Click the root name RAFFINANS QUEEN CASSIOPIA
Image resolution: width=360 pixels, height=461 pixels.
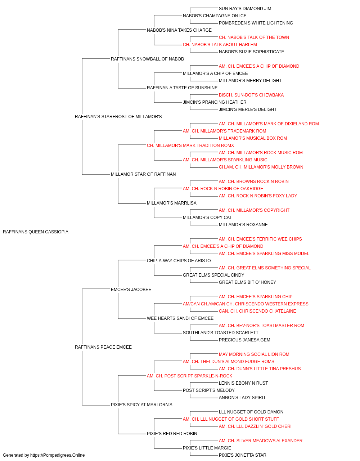(x=36, y=232)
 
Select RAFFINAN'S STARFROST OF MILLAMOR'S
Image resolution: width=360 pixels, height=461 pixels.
(x=118, y=117)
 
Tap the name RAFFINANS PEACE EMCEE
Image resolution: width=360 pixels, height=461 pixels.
(x=103, y=347)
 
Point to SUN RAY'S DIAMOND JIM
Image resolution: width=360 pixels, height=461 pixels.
(x=245, y=9)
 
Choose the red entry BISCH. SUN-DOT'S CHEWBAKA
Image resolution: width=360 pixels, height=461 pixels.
(x=251, y=95)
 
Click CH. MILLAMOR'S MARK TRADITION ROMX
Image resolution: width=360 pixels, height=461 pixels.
(x=190, y=146)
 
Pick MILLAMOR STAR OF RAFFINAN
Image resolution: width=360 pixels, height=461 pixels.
(x=143, y=174)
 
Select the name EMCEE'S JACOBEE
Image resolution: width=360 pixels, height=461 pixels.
(x=131, y=290)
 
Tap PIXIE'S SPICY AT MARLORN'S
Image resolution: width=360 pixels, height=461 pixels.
(x=141, y=405)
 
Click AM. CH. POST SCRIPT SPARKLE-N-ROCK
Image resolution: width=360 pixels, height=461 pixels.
(x=190, y=376)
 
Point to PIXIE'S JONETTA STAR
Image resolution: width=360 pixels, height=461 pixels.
(x=243, y=455)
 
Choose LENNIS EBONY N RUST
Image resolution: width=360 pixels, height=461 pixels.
(x=243, y=383)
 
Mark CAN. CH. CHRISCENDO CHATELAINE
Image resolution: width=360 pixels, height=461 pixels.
(x=257, y=311)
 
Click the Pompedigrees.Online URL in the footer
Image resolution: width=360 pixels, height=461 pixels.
(x=58, y=455)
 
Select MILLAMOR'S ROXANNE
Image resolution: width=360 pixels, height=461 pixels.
(x=243, y=225)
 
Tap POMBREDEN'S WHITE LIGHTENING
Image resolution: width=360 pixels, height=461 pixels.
(x=256, y=23)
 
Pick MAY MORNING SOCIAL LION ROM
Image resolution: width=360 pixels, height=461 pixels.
(x=254, y=354)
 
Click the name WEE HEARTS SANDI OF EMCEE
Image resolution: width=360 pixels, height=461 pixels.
(x=180, y=318)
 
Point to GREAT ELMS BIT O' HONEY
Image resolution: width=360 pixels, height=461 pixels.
(x=247, y=282)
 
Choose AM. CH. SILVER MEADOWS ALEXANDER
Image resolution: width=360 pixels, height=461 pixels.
(x=261, y=440)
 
